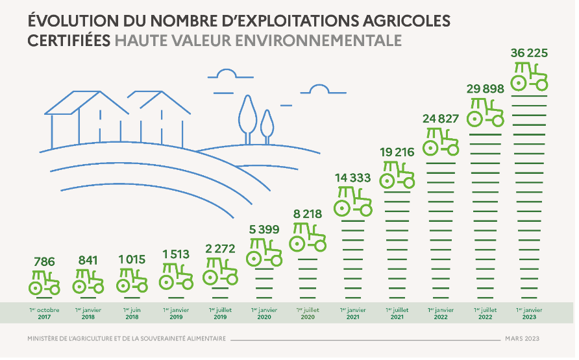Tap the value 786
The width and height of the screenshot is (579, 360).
tap(44, 261)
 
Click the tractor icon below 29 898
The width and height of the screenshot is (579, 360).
tap(486, 112)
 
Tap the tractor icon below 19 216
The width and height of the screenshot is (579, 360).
tap(397, 174)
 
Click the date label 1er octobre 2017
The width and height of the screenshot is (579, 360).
tap(44, 314)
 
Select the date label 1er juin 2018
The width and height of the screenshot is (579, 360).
tap(132, 314)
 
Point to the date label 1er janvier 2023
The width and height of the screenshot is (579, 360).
tap(530, 314)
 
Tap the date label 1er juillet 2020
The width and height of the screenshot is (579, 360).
tap(308, 314)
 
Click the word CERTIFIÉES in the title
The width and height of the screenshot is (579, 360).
tap(69, 40)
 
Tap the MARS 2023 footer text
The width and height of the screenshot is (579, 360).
tap(522, 339)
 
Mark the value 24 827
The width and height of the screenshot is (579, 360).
tap(441, 119)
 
